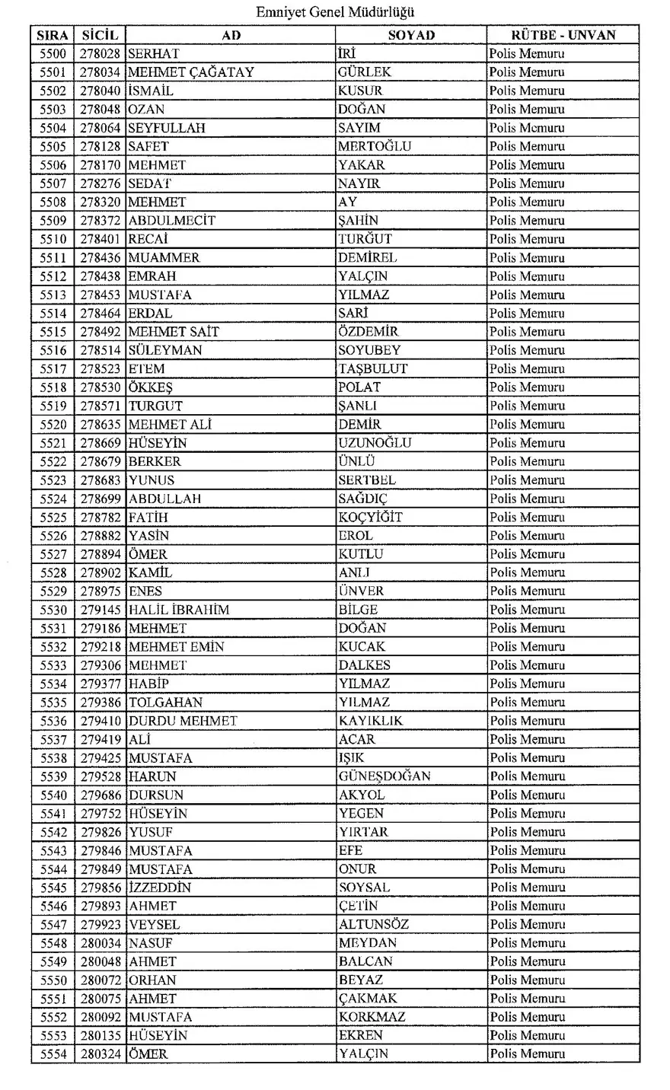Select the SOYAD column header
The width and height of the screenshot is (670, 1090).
tap(410, 35)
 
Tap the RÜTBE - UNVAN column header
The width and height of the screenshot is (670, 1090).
tap(563, 35)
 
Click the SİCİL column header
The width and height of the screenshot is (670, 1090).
tap(100, 35)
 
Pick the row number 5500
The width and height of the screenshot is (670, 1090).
tap(53, 54)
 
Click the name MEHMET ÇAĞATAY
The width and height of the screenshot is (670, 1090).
tap(191, 72)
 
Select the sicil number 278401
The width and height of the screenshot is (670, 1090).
tap(100, 239)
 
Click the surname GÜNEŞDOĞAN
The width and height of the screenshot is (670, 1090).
tap(384, 776)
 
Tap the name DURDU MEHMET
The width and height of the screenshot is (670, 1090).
tap(183, 721)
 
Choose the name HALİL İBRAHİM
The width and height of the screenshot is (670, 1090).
tap(179, 610)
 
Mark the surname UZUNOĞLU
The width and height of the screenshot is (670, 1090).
tap(375, 443)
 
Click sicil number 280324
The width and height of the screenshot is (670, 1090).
tap(100, 1054)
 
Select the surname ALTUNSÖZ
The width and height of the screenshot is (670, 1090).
tap(373, 925)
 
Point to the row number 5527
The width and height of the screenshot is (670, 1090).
tap(53, 554)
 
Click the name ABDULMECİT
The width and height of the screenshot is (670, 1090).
tap(172, 221)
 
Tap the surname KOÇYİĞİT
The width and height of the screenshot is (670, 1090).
tap(370, 517)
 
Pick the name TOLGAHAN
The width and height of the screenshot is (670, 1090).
tap(165, 703)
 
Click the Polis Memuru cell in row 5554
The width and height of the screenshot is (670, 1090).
tap(527, 1054)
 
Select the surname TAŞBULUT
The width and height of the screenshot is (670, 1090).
tap(372, 368)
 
